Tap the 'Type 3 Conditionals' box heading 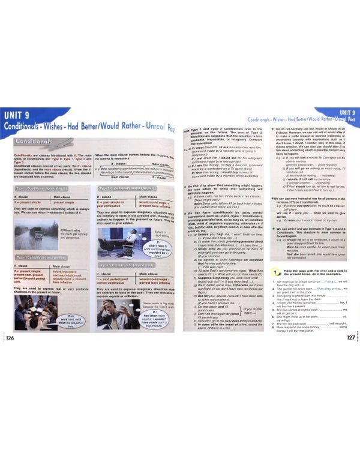[123, 265]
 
